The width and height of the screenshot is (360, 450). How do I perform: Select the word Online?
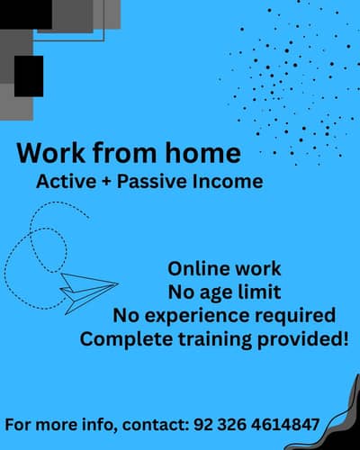click(x=199, y=268)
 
